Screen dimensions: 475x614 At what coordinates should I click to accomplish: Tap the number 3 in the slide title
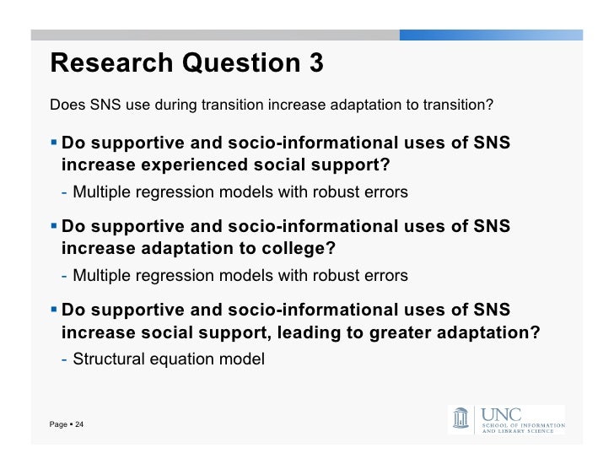click(315, 63)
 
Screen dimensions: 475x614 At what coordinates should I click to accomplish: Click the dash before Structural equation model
click(65, 359)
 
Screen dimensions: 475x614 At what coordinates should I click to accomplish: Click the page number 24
click(78, 424)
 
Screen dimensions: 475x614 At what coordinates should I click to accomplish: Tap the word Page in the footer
click(58, 424)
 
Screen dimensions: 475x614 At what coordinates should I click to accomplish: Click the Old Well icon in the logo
click(461, 418)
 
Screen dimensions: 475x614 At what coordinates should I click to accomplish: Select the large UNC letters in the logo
click(500, 414)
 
